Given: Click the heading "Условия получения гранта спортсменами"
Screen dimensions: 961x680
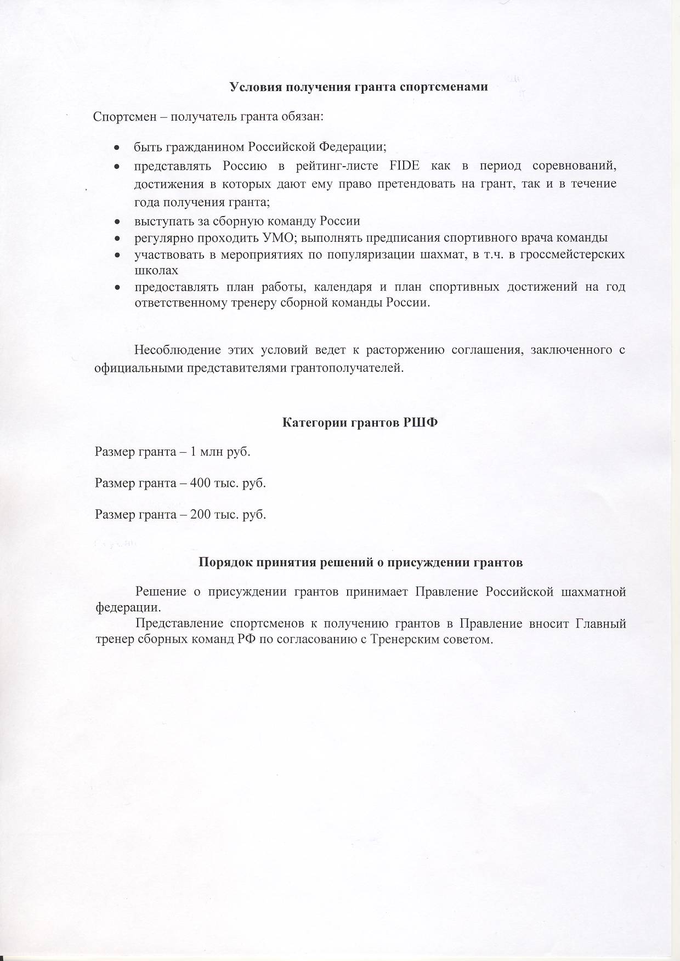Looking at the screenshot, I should point(358,87).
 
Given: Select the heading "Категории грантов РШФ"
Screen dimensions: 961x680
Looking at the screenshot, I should point(360,423).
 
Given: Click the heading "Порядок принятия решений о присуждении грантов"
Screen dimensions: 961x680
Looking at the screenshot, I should point(360,562).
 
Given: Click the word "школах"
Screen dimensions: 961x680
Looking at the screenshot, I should point(156,270).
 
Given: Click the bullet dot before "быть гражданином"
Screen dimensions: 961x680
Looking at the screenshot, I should point(117,148).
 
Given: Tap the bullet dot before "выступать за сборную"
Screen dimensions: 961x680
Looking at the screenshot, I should point(117,221).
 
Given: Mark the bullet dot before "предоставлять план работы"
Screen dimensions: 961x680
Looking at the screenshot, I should point(117,287).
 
